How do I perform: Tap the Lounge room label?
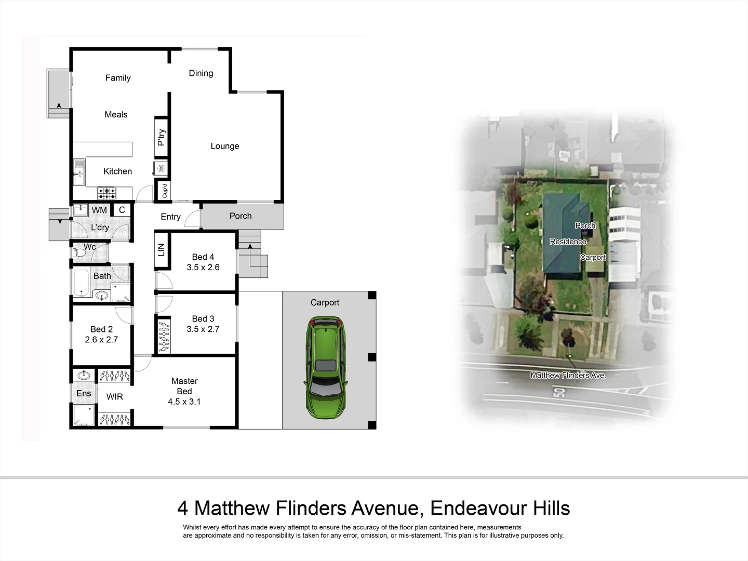point(224,146)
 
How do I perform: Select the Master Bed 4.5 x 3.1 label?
point(184,391)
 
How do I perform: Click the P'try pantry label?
point(162,137)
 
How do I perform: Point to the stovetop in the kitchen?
point(107,193)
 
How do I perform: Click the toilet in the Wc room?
point(79,253)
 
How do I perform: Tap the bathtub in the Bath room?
point(81,282)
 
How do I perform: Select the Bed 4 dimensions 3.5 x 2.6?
point(203,267)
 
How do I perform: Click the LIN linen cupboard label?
point(161,250)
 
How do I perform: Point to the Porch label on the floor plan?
point(241,216)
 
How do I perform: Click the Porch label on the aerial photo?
point(585,225)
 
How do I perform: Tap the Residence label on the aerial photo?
point(568,242)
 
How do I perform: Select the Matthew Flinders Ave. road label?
point(568,375)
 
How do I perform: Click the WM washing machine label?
point(99,210)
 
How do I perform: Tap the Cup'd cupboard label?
point(165,191)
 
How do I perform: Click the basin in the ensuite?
point(84,375)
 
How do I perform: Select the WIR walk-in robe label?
point(114,396)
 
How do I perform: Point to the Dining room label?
point(201,73)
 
